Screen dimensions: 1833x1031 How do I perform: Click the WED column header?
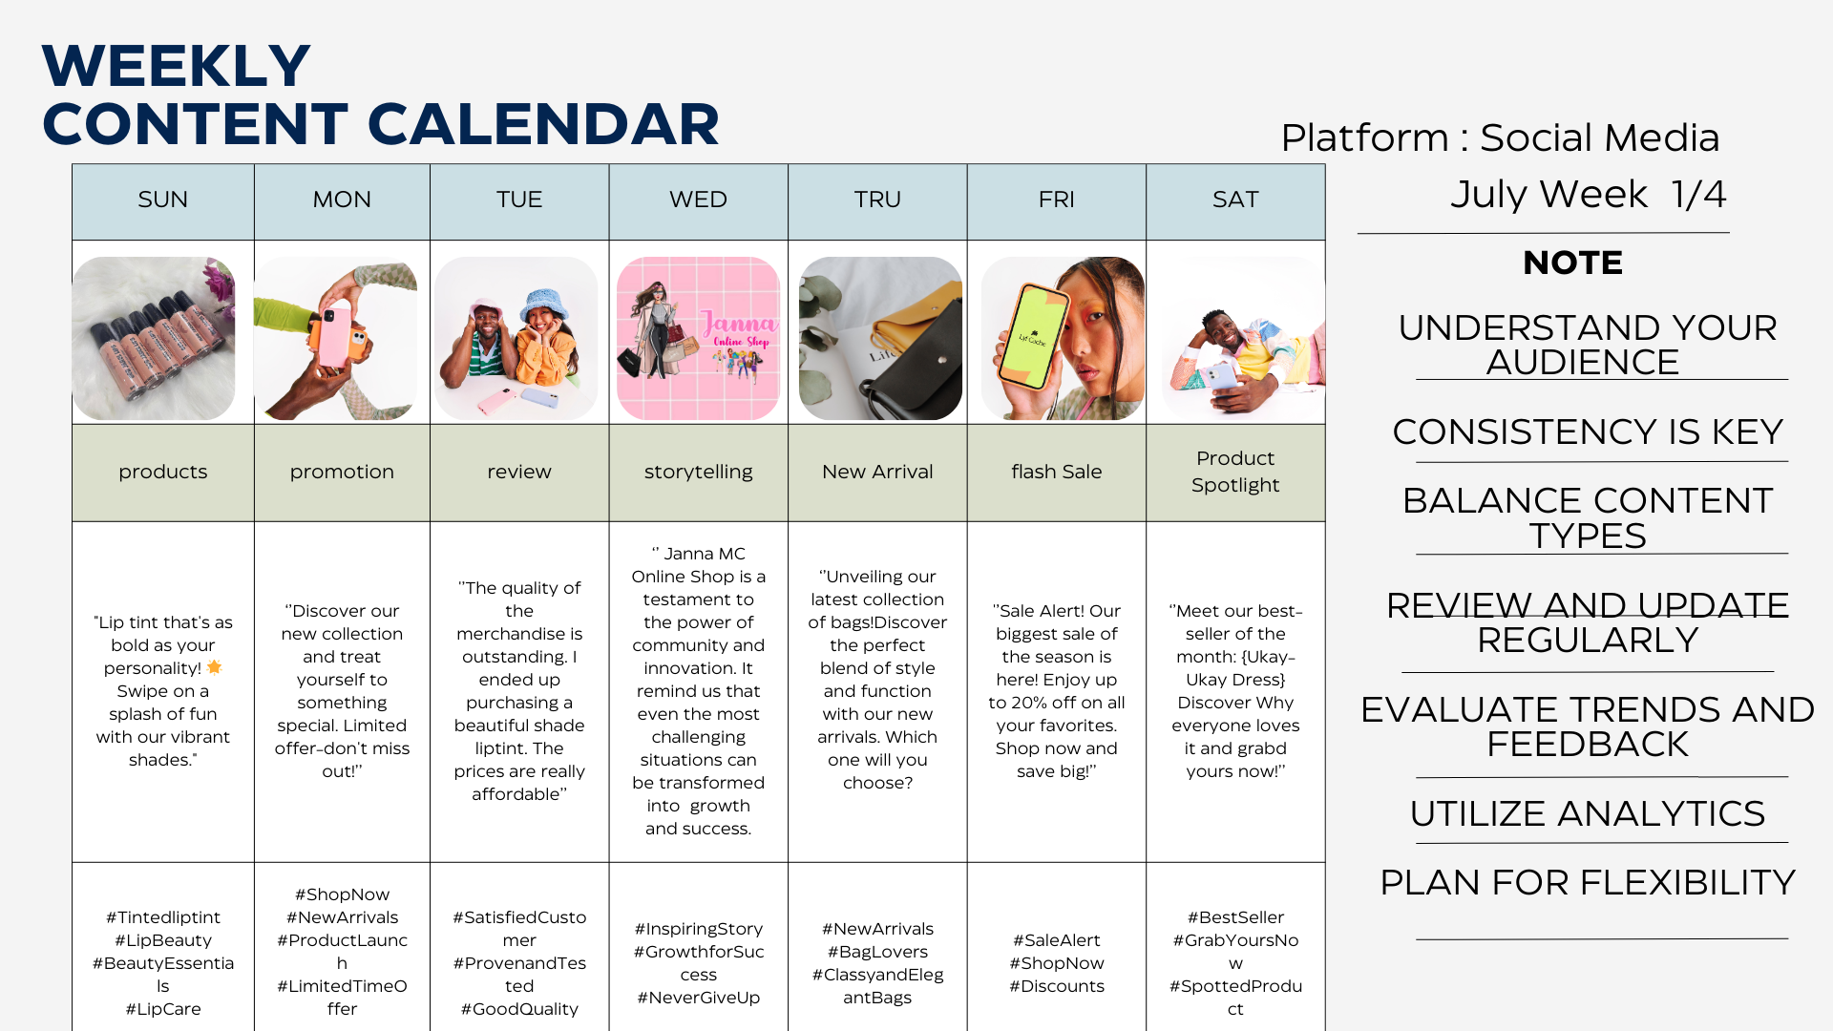click(x=698, y=200)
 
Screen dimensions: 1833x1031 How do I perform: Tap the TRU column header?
click(x=877, y=200)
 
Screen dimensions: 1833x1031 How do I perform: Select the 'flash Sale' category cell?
click(x=1056, y=472)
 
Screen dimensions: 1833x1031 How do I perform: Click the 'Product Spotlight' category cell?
click(x=1235, y=472)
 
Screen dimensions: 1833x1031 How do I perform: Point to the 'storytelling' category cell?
click(x=698, y=472)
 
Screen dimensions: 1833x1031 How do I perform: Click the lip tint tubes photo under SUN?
click(x=154, y=338)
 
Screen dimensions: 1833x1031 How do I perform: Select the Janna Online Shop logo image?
click(x=698, y=338)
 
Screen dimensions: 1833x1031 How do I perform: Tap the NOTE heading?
click(x=1572, y=263)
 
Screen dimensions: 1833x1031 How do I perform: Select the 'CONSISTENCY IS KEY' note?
click(x=1587, y=431)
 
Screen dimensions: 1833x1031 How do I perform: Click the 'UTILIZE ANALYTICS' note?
click(x=1587, y=813)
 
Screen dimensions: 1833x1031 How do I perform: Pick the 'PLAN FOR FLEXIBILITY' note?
click(x=1587, y=882)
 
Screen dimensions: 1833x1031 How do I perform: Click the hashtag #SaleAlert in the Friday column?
click(x=1056, y=940)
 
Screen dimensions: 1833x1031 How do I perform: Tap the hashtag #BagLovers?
click(x=877, y=952)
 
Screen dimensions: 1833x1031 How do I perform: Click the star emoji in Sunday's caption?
click(x=214, y=667)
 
